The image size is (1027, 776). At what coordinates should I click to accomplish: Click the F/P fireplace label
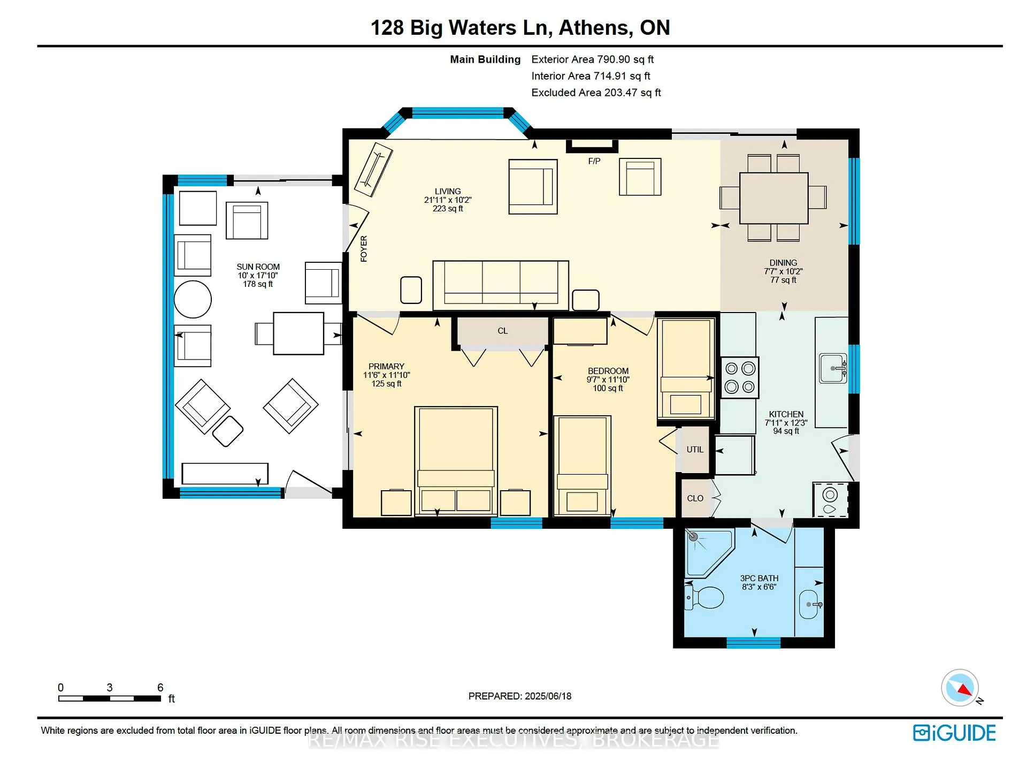coord(594,161)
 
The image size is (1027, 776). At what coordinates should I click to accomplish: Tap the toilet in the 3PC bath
coord(704,597)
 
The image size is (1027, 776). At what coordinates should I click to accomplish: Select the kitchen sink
coord(833,368)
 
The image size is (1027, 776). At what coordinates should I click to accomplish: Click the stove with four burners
coord(740,377)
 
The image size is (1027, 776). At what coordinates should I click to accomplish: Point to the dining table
coord(773,198)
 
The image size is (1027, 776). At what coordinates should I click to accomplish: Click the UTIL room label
coord(695,450)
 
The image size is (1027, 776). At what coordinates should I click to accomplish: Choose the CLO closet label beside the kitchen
coord(695,498)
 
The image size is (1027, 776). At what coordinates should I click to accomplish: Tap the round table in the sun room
coord(193,299)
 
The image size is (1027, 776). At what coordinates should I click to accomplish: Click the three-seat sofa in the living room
coord(501,285)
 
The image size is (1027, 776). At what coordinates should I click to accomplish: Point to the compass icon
coord(960,688)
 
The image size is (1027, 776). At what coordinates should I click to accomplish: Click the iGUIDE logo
coord(954,733)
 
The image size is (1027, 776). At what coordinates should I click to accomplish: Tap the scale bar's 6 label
coord(160,687)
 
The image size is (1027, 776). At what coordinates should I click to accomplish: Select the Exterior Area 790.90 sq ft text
coord(593,59)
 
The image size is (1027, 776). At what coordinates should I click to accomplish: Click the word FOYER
coord(364,248)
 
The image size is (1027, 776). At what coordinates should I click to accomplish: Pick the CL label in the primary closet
coord(503,331)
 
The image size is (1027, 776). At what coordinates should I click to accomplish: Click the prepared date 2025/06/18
coord(548,696)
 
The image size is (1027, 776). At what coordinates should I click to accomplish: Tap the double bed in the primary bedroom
coord(456,461)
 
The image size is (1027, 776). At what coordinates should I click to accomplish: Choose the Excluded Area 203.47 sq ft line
coord(596,93)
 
